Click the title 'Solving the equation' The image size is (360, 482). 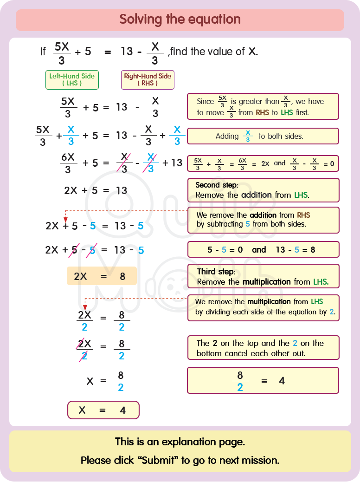[x=180, y=20]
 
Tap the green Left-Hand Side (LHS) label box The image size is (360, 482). [x=72, y=79]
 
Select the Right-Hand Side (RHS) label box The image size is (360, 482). [x=148, y=79]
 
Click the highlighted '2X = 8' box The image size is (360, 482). [x=102, y=276]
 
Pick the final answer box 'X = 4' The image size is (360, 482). [x=103, y=410]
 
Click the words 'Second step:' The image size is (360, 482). [x=217, y=185]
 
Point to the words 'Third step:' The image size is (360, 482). [x=216, y=272]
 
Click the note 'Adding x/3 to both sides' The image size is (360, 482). [x=263, y=136]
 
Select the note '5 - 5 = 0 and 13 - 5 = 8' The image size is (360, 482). [x=263, y=249]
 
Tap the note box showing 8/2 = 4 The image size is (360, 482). [x=263, y=381]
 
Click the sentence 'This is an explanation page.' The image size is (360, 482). [x=180, y=442]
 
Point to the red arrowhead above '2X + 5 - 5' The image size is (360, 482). [x=65, y=219]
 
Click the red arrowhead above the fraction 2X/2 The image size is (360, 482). [x=84, y=306]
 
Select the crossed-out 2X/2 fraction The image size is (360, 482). [x=84, y=350]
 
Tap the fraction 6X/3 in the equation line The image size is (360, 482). [x=68, y=163]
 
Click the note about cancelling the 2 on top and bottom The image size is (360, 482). [x=263, y=348]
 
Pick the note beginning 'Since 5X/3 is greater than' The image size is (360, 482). [x=263, y=106]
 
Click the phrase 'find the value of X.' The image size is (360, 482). [x=214, y=52]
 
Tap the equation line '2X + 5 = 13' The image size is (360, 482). [x=96, y=190]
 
